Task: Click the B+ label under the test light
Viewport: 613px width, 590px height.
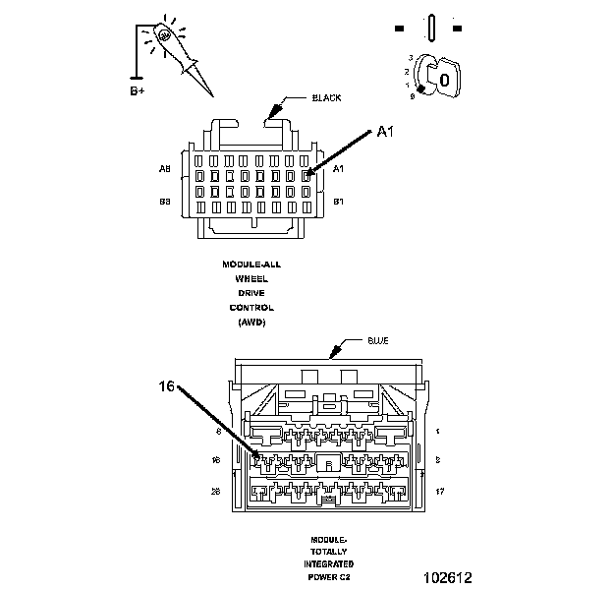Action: coord(137,90)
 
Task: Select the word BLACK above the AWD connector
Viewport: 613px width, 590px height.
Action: coord(326,98)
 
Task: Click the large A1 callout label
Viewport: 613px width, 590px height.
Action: coord(386,133)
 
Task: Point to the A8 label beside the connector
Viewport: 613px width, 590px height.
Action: coord(165,169)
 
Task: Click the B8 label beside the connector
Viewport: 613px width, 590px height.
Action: coord(165,202)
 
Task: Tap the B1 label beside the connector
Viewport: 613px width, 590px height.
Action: coord(339,202)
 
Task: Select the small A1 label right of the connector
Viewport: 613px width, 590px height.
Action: coord(339,169)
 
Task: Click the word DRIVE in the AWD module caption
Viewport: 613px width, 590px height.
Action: coord(251,293)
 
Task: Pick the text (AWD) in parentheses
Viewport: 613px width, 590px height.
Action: coord(251,322)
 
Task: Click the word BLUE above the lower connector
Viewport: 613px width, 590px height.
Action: coord(378,340)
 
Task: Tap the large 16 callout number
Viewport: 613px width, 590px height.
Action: coord(167,387)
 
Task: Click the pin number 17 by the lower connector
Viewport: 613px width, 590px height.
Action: coord(439,490)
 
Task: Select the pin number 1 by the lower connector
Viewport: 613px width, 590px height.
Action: coord(437,431)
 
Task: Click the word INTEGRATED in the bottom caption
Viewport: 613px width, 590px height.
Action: coord(329,563)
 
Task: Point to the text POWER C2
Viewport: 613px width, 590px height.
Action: coord(329,577)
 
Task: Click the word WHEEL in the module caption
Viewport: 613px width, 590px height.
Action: coord(251,279)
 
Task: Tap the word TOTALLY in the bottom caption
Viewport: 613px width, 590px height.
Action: coord(329,551)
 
